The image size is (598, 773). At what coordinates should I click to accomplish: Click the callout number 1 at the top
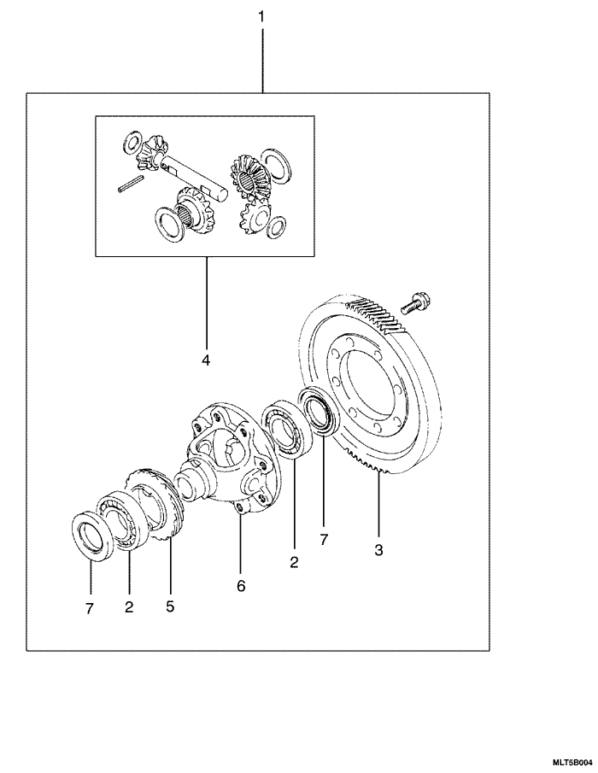(261, 16)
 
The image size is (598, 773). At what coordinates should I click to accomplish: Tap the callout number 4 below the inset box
(205, 360)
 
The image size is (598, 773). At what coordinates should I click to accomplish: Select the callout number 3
(378, 550)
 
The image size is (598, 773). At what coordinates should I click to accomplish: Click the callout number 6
(240, 586)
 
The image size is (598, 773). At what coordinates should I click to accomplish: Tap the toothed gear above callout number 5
(158, 504)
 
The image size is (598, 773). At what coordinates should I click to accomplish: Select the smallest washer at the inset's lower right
(276, 226)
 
